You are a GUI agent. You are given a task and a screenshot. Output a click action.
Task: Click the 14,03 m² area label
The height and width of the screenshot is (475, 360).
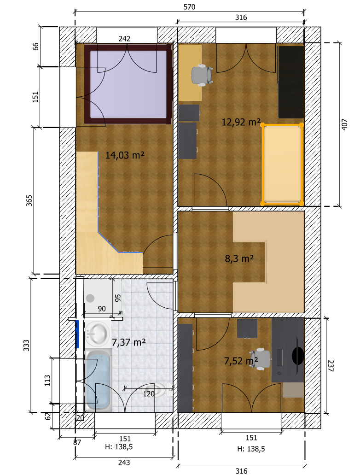(125, 155)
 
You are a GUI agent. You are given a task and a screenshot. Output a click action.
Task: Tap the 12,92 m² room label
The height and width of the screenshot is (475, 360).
(241, 122)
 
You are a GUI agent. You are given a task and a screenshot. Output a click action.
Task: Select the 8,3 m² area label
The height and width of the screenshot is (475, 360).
(239, 259)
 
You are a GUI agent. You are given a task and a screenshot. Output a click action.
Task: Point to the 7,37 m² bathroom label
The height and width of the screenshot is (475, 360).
(129, 342)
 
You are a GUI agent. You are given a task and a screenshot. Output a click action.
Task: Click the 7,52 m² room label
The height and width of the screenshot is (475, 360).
(241, 360)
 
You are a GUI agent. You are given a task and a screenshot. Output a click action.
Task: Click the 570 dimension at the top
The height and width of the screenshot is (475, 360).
(190, 6)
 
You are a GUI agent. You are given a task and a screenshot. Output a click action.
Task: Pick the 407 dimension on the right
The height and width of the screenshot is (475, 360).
(344, 124)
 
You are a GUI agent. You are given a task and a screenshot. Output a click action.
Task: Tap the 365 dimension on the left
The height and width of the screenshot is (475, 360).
(29, 200)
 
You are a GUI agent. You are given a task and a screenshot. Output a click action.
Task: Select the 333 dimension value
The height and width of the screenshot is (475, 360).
(27, 346)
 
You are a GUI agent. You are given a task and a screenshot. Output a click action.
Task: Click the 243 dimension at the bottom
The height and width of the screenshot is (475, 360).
(124, 462)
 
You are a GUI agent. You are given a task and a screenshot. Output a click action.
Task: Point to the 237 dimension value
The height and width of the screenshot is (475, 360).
(331, 366)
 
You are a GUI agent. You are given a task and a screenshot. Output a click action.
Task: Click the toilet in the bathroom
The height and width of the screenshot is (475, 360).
(159, 390)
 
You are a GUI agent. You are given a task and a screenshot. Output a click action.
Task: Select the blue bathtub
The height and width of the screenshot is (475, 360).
(98, 380)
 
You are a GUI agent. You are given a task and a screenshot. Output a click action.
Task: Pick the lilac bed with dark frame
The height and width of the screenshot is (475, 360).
(128, 84)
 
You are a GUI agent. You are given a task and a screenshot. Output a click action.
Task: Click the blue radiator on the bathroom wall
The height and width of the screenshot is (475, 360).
(77, 334)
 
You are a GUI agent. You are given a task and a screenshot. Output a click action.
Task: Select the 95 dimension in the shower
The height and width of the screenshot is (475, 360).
(118, 298)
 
